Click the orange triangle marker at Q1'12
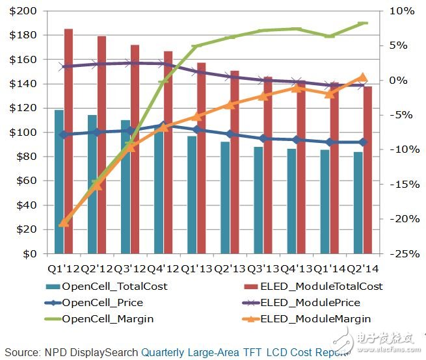pyautogui.click(x=64, y=223)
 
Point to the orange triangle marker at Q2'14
pyautogui.click(x=363, y=77)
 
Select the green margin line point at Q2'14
pyautogui.click(x=363, y=23)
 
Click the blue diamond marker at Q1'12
pyautogui.click(x=64, y=135)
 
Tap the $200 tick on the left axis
pyautogui.click(x=25, y=11)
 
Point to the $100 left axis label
pyautogui.click(x=25, y=133)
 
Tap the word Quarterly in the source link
pyautogui.click(x=165, y=352)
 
